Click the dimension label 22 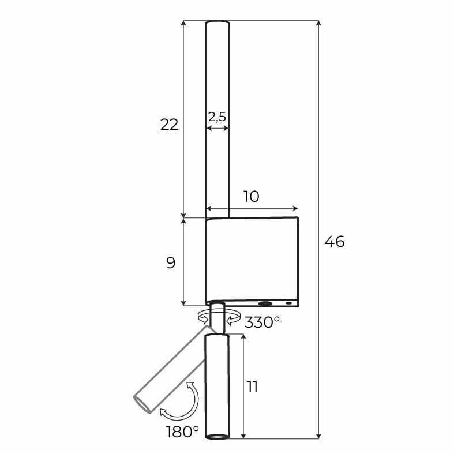click(x=170, y=125)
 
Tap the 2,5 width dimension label click(x=217, y=117)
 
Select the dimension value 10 click(x=251, y=197)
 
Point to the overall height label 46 click(x=335, y=242)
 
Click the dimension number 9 click(x=171, y=263)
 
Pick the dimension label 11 click(x=252, y=387)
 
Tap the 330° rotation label click(x=262, y=322)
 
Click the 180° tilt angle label click(x=182, y=432)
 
